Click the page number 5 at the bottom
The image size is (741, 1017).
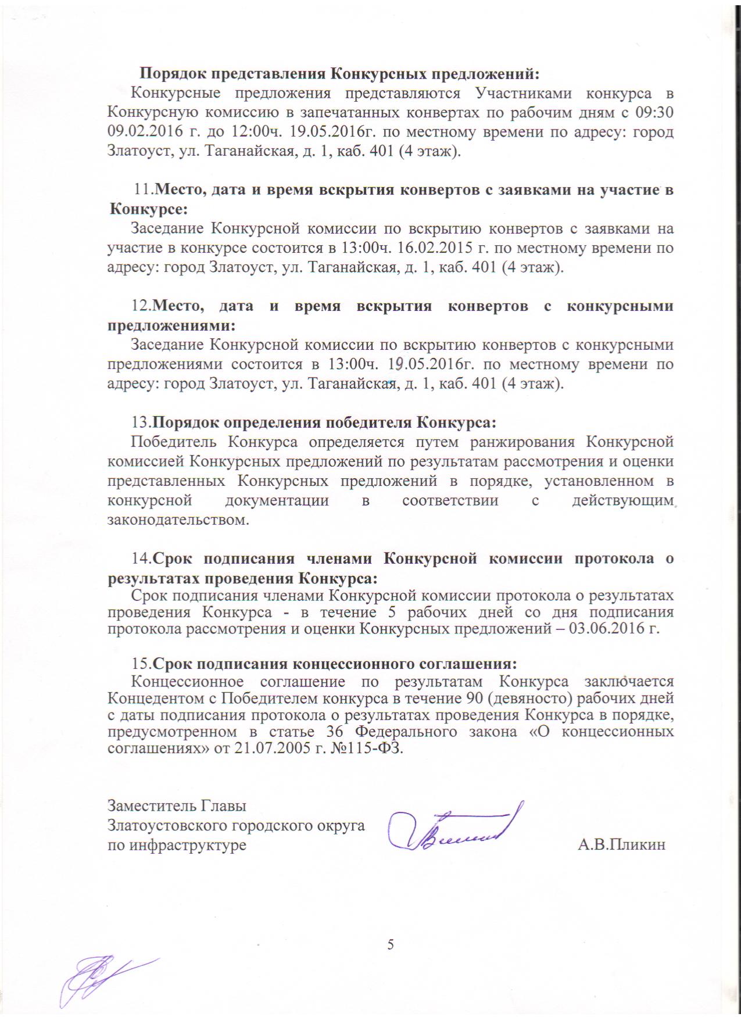(391, 944)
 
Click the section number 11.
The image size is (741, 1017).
(143, 189)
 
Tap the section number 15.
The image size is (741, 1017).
(142, 664)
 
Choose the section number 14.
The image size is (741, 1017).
(142, 558)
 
